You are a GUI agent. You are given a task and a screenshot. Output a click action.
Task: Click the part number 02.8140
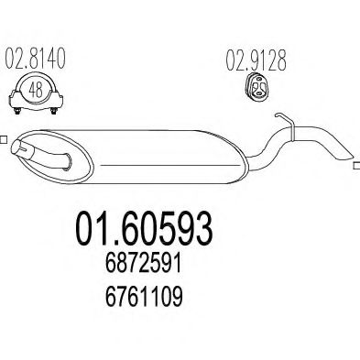[x=36, y=58]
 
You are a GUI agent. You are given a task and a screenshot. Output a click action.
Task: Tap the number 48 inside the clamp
[x=36, y=90]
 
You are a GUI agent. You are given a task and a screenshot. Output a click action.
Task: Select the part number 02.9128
[x=256, y=60]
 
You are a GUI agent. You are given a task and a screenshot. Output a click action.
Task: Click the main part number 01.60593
[x=144, y=229]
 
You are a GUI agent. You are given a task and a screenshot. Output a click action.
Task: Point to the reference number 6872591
[x=144, y=265]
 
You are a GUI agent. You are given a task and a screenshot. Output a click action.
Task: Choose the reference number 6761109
[x=144, y=297]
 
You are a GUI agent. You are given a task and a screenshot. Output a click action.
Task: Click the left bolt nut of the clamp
[x=17, y=111]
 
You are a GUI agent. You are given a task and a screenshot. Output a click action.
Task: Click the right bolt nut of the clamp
[x=54, y=111]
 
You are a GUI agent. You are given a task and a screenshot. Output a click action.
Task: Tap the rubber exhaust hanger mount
[x=257, y=87]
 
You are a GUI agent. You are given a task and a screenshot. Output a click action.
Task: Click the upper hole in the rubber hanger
[x=258, y=80]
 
